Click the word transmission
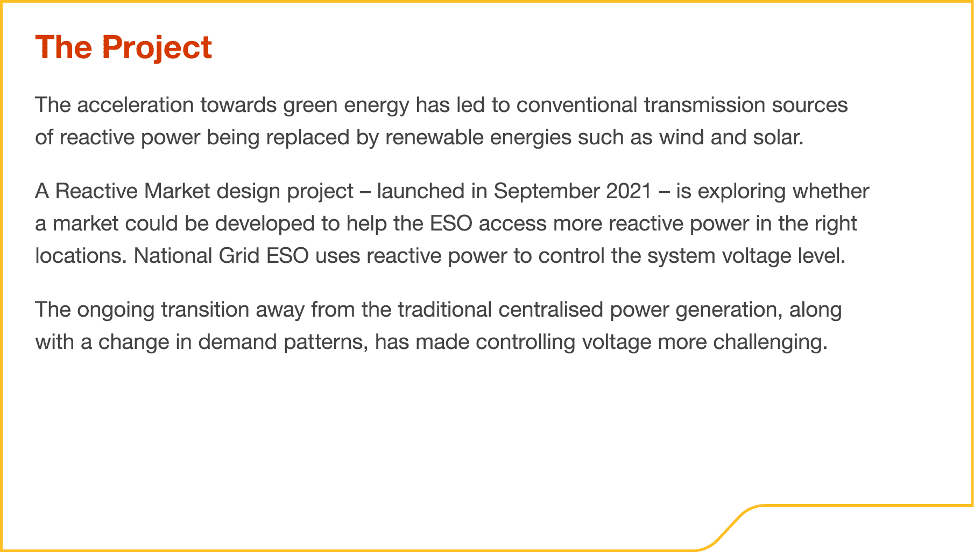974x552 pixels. (x=704, y=105)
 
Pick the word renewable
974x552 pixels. (x=434, y=137)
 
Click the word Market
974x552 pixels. (x=177, y=191)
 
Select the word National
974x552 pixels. (x=173, y=256)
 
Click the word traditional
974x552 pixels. (x=444, y=310)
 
